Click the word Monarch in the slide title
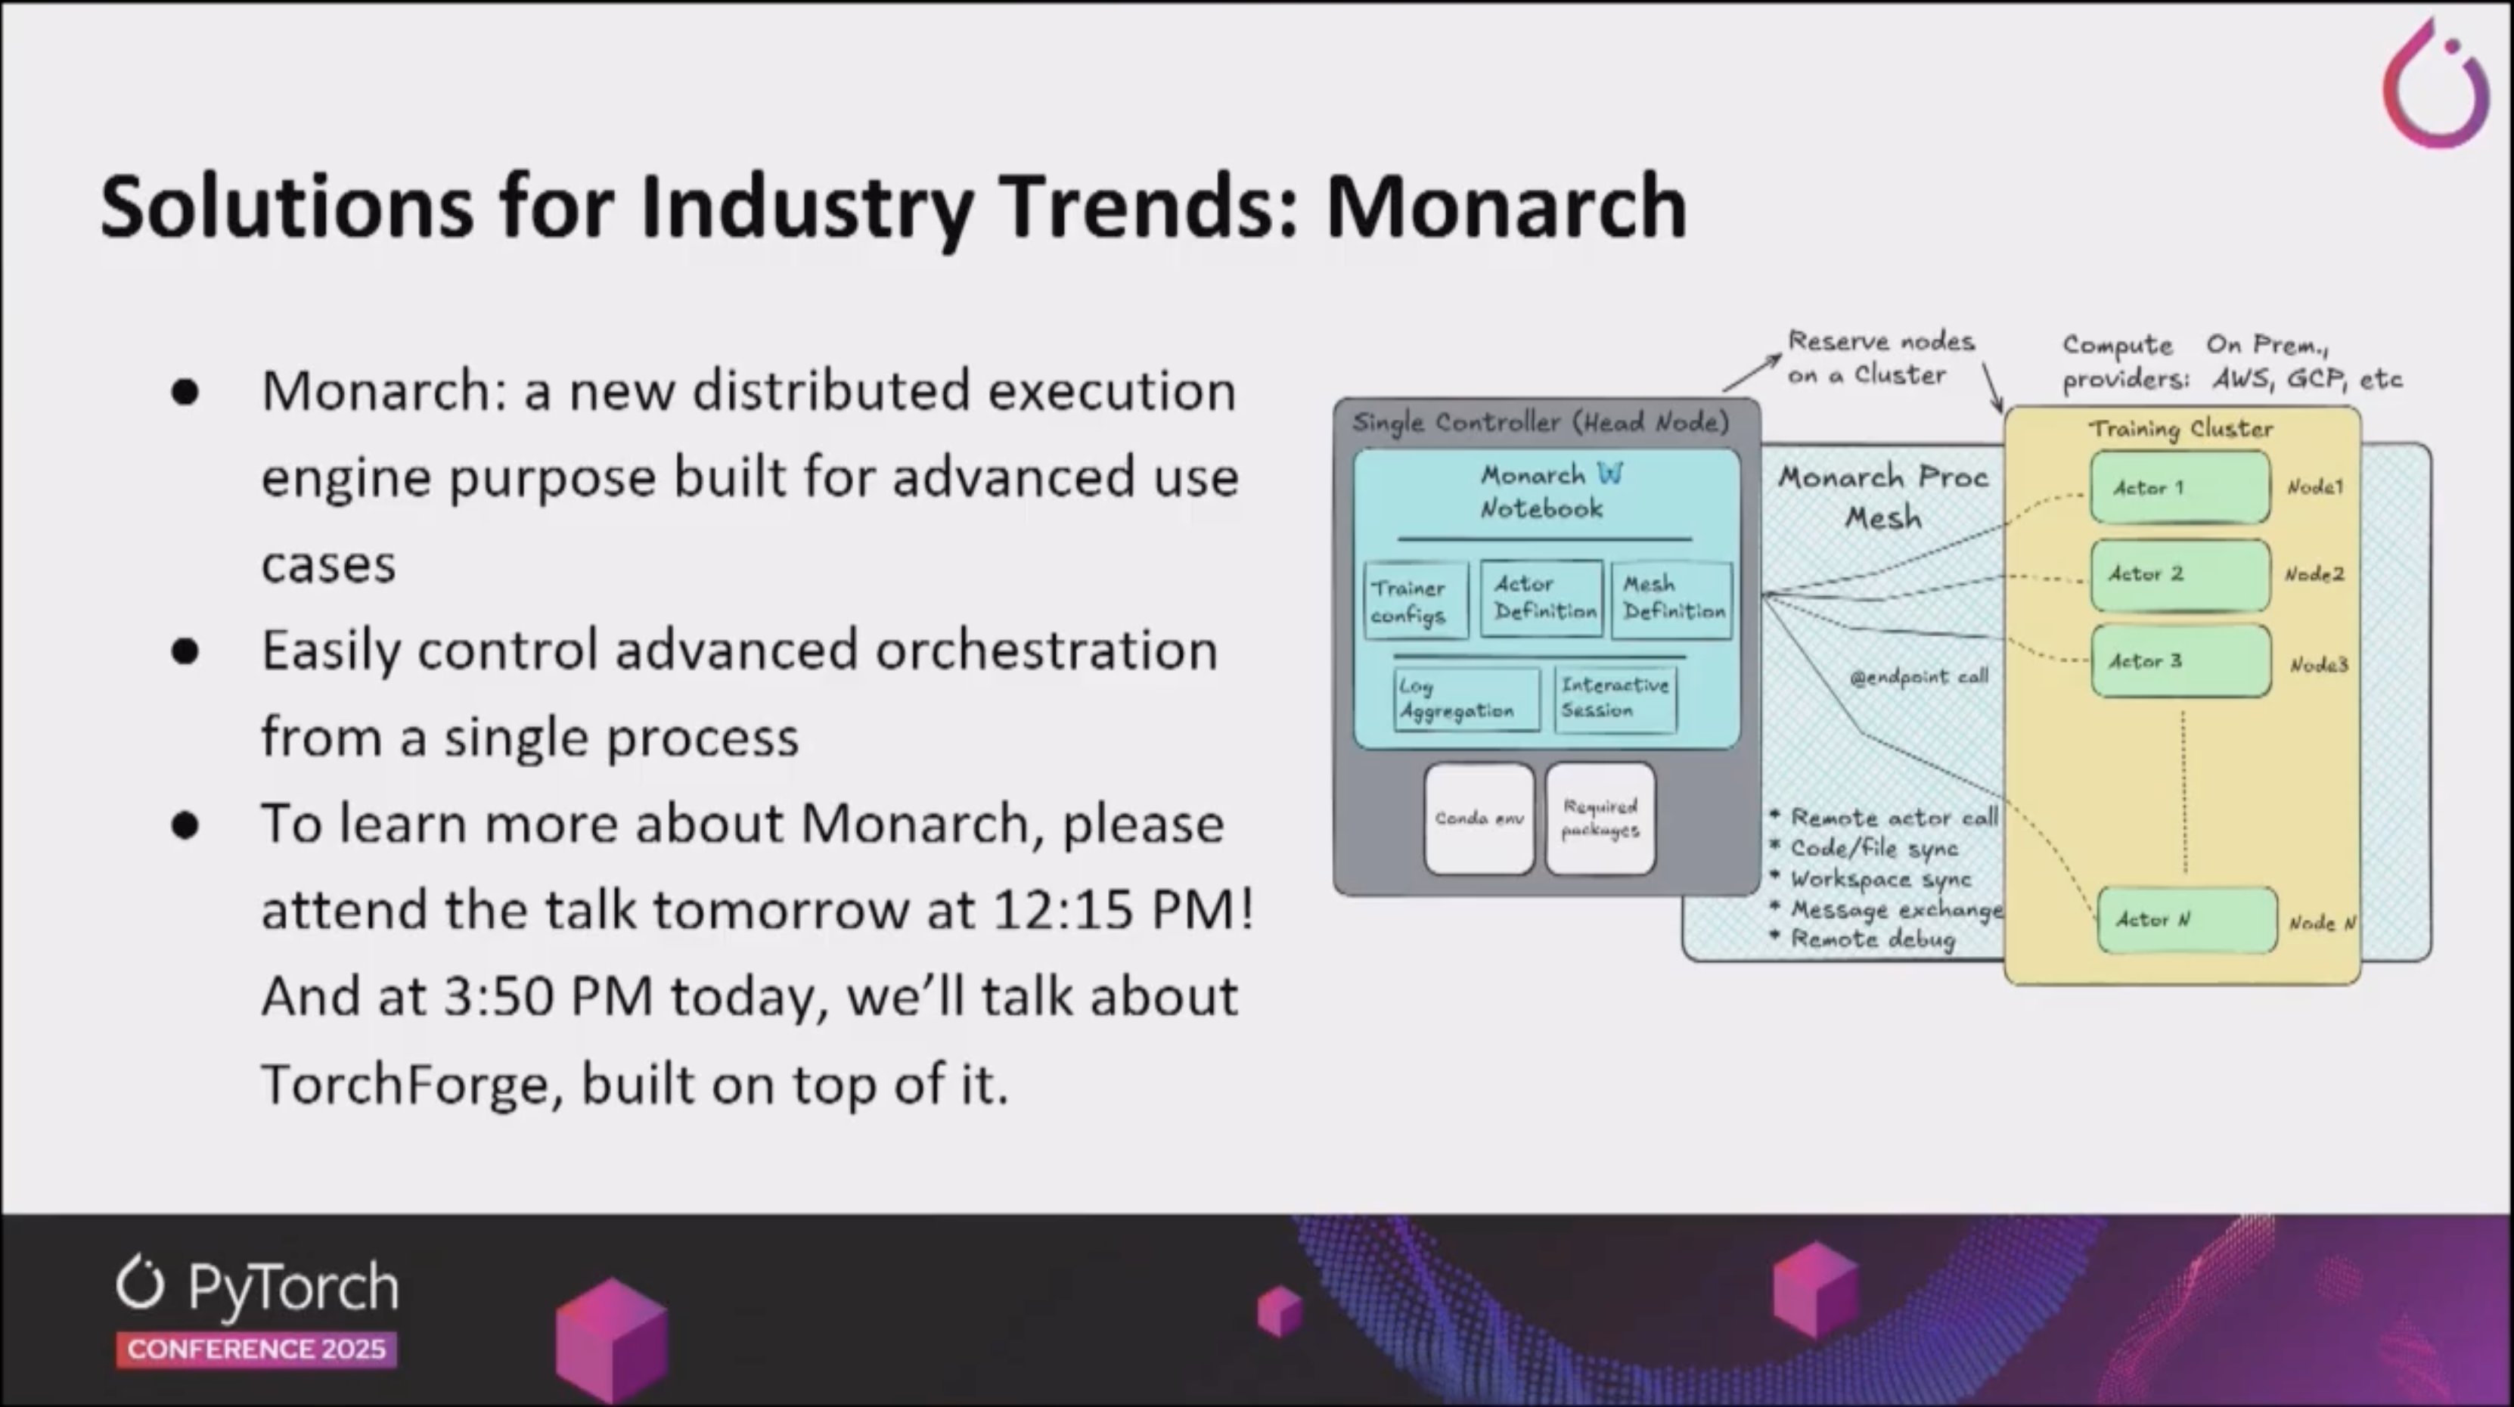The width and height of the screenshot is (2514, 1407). click(x=1506, y=207)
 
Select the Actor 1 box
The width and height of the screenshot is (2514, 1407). click(x=2179, y=487)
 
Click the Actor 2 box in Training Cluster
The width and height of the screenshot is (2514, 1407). click(x=2179, y=574)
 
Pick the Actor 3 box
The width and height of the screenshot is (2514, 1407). click(x=2180, y=661)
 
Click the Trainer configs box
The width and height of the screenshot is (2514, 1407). click(x=1416, y=601)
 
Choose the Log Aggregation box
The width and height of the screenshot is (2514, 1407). click(x=1466, y=699)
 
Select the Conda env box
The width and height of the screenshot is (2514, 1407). click(x=1479, y=818)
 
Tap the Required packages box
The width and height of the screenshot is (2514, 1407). click(x=1600, y=818)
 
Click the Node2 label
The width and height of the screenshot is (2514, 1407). click(x=2314, y=574)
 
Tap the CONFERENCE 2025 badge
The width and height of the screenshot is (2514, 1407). click(x=256, y=1350)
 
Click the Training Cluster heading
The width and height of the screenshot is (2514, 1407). click(x=2180, y=429)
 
